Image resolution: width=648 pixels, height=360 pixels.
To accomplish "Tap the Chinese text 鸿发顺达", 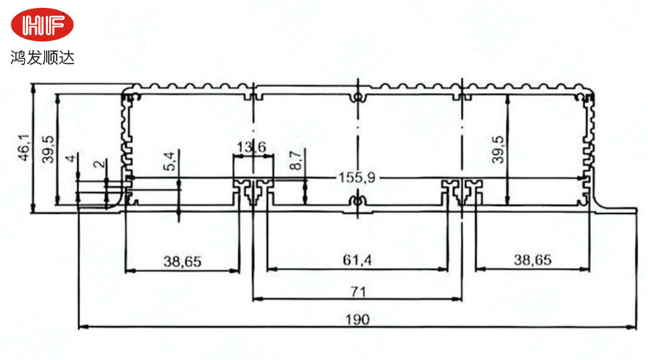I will (x=42, y=56).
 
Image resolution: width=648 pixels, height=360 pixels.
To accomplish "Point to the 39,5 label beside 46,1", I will (x=48, y=149).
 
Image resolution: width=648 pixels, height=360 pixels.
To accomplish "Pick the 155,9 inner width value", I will (x=355, y=178).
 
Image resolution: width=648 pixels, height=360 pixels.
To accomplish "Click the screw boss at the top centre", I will (x=357, y=96).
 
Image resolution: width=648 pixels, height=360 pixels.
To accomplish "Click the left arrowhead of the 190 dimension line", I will (x=81, y=327).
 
